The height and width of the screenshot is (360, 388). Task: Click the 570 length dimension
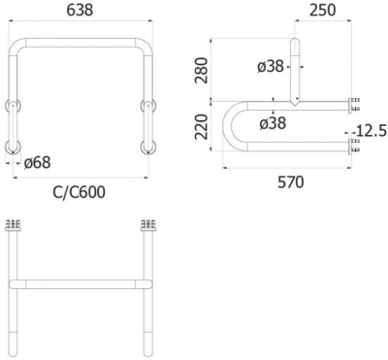(288, 180)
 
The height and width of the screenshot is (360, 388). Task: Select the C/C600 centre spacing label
(79, 191)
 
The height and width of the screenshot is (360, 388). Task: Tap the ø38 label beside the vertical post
(272, 66)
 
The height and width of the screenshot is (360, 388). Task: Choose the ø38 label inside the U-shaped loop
(275, 122)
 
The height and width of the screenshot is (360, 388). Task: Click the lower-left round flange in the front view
(13, 147)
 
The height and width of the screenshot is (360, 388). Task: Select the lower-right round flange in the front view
(147, 147)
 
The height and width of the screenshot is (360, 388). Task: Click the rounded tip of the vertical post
(295, 42)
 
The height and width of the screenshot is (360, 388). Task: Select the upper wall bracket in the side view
(355, 102)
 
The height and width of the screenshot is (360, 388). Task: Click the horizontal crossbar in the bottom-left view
(80, 284)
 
